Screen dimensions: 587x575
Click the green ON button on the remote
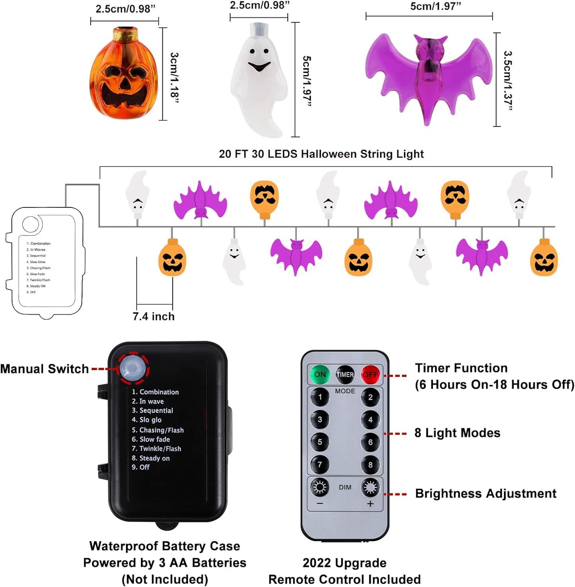[320, 374]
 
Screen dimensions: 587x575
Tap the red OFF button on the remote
[370, 374]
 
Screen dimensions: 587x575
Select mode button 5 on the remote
[320, 442]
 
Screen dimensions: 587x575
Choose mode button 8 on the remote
[370, 465]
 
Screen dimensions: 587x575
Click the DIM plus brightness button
[370, 488]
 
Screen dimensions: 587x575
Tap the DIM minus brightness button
[320, 488]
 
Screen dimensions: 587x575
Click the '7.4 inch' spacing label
[154, 316]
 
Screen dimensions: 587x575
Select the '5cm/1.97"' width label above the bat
[436, 6]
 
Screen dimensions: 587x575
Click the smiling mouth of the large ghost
[259, 66]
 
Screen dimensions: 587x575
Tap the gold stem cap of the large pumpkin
[125, 35]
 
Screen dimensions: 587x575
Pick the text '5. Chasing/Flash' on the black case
[158, 430]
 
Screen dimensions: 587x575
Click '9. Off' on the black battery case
[140, 467]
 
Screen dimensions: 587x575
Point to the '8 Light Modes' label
[457, 433]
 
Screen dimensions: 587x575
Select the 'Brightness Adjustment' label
[485, 493]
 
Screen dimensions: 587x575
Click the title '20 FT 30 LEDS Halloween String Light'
[321, 154]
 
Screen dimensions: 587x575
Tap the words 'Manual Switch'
[45, 369]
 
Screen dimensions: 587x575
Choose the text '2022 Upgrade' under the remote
[344, 563]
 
